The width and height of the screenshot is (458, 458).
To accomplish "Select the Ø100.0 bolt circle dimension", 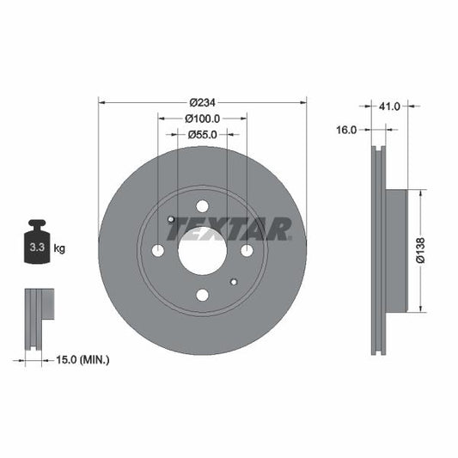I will click(203, 119).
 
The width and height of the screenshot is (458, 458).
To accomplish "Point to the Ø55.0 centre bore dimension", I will click(202, 134).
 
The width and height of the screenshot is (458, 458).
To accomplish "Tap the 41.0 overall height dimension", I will click(390, 108).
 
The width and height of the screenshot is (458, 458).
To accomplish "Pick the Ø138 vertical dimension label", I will click(421, 249).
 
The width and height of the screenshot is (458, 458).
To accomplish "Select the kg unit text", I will click(60, 248).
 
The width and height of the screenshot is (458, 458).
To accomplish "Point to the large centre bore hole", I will click(202, 251).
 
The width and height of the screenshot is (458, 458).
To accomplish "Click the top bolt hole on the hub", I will click(202, 206).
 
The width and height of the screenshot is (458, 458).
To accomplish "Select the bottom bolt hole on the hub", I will click(202, 296).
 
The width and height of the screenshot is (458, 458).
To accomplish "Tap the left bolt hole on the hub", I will click(157, 251).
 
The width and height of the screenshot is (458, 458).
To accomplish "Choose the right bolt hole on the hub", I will click(247, 251).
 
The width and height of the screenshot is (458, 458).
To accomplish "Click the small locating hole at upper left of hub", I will click(171, 220).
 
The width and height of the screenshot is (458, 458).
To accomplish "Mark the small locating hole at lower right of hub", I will click(234, 282).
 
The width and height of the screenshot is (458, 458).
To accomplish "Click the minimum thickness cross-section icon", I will click(38, 318).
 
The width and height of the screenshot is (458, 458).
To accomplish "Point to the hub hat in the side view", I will click(394, 249).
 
